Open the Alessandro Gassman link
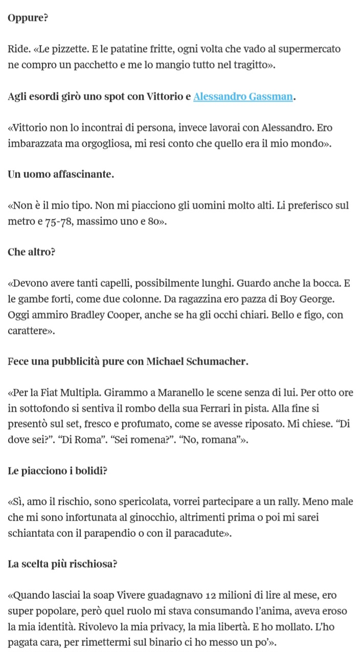243,97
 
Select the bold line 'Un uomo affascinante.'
61,174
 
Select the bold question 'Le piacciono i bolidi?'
57,471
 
